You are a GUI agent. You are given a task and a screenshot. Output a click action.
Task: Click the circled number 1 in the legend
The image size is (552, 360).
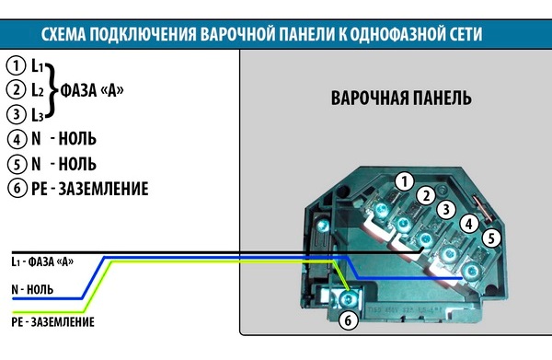click(15, 65)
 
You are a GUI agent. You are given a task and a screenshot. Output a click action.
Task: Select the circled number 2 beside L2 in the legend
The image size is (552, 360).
click(15, 90)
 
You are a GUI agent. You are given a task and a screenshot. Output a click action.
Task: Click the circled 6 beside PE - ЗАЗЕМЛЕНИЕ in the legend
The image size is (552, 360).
click(15, 189)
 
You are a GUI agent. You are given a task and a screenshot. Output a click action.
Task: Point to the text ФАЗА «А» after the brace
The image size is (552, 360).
click(91, 90)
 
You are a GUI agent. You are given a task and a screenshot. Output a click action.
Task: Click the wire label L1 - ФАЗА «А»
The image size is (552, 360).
click(42, 262)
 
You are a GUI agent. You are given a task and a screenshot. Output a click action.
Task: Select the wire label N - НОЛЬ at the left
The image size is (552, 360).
click(32, 289)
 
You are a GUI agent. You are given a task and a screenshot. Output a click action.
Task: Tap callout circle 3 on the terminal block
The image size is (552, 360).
click(445, 209)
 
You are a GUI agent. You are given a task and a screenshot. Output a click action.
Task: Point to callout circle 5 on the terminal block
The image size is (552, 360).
click(492, 238)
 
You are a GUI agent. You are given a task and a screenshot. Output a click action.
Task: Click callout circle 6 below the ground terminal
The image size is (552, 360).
click(347, 321)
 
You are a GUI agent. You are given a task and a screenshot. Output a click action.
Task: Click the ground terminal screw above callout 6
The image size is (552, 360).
click(347, 298)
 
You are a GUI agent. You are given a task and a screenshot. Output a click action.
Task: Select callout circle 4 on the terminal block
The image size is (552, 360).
click(469, 223)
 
